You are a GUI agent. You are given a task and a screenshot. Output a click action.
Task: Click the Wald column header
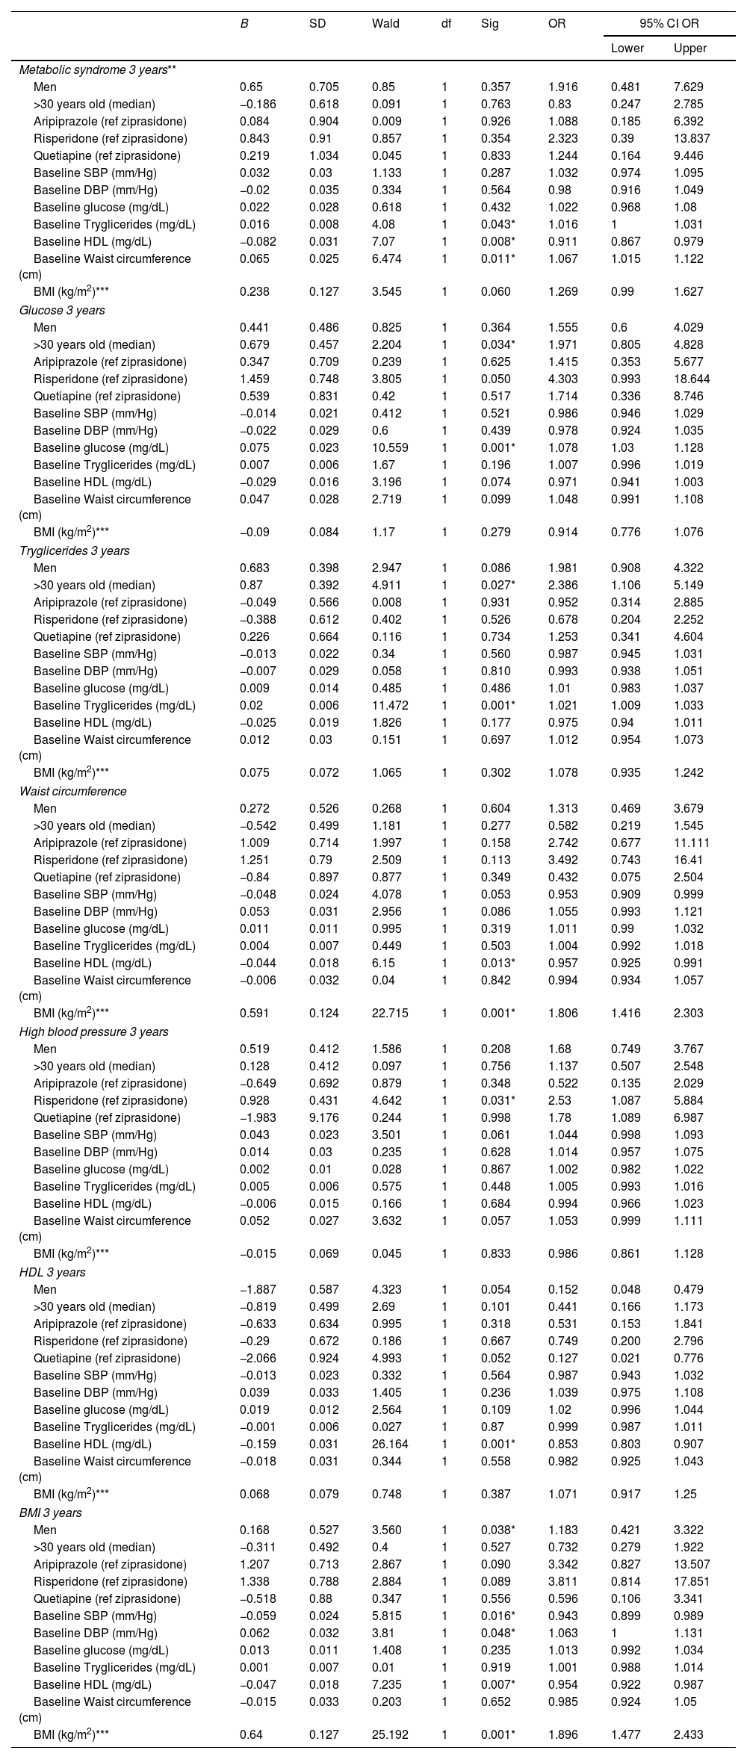[x=385, y=23]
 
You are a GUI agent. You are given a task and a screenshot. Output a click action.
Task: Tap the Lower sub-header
[x=627, y=49]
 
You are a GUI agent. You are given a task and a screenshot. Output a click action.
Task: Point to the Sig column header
[x=490, y=23]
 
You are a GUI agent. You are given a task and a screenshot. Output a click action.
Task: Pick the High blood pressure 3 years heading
[x=93, y=1031]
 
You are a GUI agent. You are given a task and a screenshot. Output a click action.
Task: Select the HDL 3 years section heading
[x=52, y=1272]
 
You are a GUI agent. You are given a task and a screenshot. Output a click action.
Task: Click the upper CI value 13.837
[x=691, y=138]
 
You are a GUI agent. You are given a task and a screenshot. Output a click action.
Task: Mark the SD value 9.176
[x=323, y=1117]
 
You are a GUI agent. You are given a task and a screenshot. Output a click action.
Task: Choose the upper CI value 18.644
[x=692, y=379]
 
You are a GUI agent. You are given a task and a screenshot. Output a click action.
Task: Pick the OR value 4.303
[x=562, y=379]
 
